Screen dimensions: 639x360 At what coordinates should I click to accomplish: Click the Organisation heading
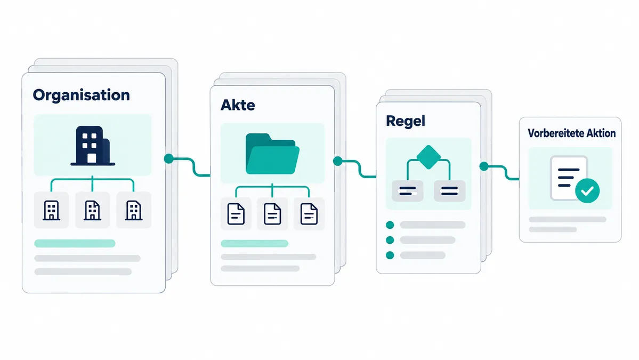(82, 95)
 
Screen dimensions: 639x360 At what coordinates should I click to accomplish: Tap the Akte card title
(238, 105)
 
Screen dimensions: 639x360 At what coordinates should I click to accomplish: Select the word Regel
(406, 121)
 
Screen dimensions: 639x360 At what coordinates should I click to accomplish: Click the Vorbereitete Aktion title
(571, 133)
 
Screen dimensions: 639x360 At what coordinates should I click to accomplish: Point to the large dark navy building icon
(93, 146)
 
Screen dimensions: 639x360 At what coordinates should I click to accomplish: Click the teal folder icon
(272, 154)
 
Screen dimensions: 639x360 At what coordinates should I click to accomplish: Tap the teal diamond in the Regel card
(428, 157)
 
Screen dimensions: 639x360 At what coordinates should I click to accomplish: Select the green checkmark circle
(587, 190)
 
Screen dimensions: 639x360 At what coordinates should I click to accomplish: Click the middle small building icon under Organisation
(93, 210)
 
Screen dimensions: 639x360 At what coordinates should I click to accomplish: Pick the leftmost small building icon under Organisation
(51, 210)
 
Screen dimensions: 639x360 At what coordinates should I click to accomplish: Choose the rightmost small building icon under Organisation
(134, 210)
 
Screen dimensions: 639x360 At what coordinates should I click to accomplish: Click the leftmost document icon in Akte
(236, 214)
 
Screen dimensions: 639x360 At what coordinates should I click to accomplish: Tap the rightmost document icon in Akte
(309, 214)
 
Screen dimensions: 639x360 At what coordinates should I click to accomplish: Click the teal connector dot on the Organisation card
(169, 158)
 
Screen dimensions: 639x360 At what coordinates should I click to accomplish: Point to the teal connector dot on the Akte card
(338, 161)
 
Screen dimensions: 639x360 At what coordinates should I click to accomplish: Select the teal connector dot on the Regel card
(484, 166)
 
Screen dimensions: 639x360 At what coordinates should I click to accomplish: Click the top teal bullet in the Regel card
(390, 225)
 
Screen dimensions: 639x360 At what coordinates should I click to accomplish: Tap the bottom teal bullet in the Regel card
(390, 255)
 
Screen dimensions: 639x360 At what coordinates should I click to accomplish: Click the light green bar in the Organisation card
(75, 243)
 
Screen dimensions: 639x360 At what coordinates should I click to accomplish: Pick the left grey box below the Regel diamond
(408, 191)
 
